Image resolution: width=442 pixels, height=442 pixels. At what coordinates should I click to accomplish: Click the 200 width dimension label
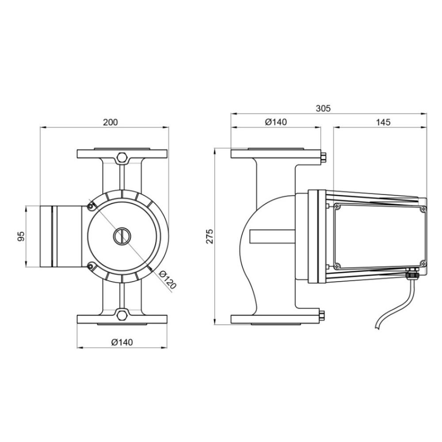[110, 122]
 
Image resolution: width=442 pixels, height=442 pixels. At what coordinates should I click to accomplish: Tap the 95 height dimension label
[21, 236]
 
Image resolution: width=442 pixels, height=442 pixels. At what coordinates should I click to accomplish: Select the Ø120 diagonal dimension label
[168, 280]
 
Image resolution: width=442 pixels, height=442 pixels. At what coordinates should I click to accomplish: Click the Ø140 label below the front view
[122, 342]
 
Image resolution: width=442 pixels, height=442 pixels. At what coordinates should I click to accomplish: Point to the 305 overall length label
[323, 108]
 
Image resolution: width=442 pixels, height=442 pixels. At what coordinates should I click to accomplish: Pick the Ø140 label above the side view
[276, 122]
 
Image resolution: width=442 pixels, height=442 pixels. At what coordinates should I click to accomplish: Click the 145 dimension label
[383, 122]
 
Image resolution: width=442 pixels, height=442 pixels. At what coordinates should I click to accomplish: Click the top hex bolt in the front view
[122, 157]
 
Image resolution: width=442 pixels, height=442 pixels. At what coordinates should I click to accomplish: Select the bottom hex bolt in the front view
[122, 315]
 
